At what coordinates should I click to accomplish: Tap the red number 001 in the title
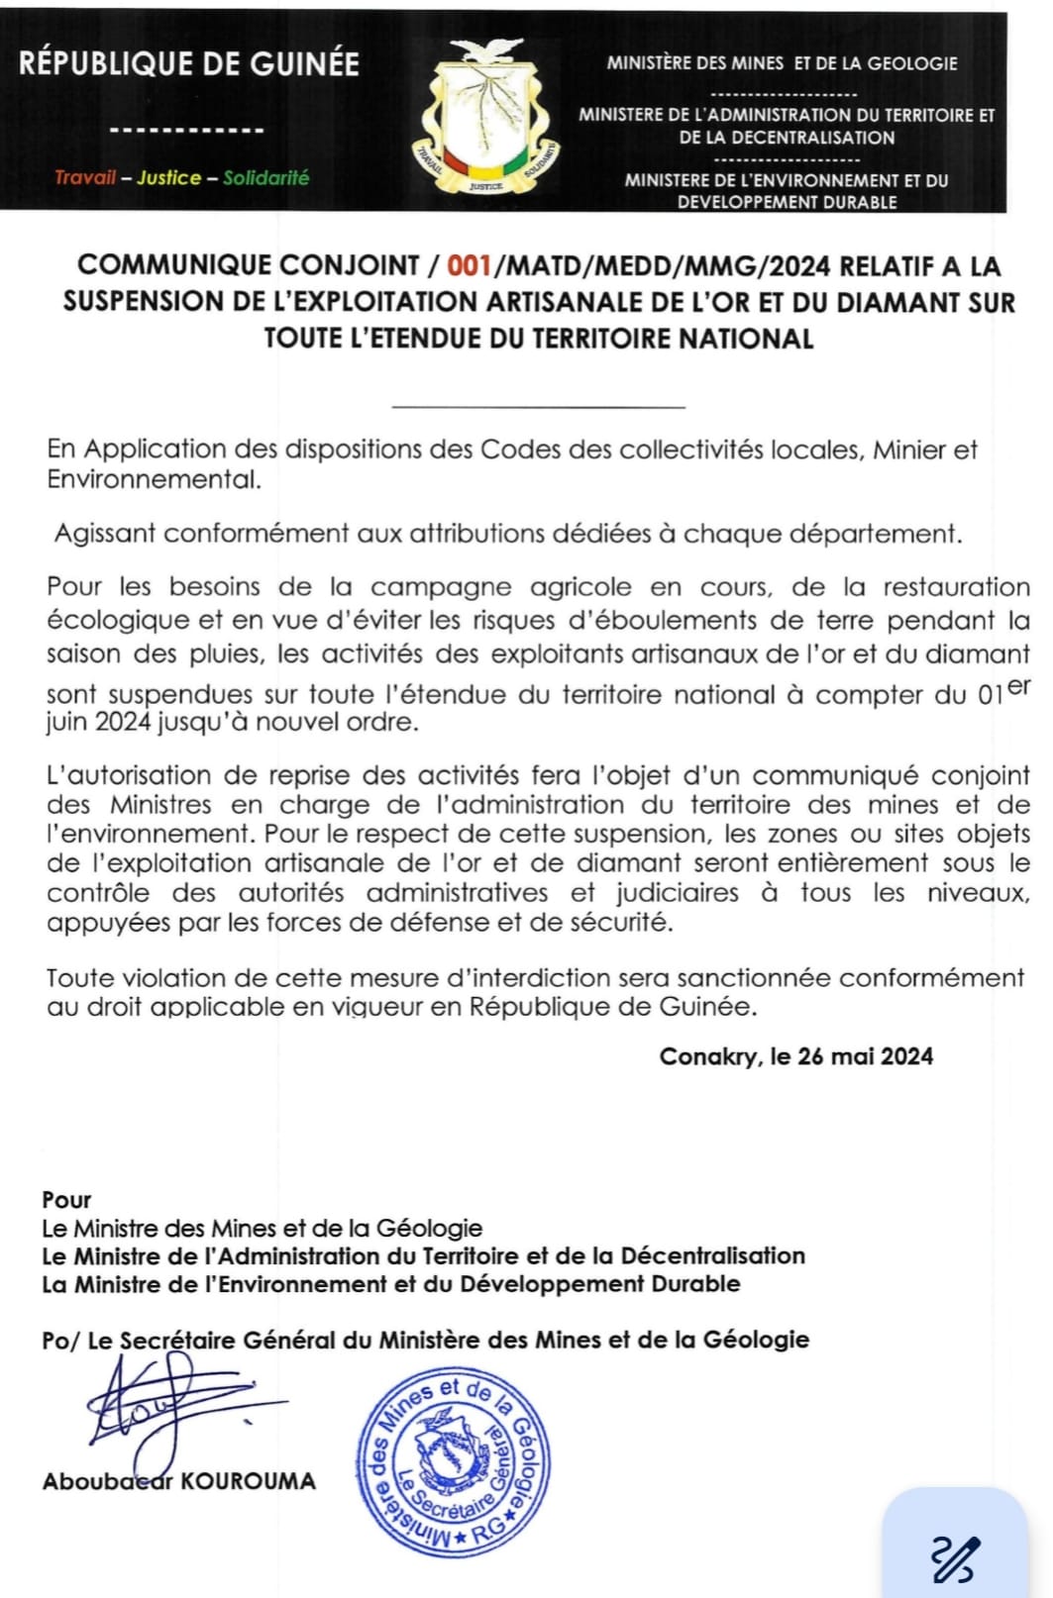click(x=470, y=266)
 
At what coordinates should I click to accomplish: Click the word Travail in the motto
click(x=85, y=178)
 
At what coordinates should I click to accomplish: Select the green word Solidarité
click(x=265, y=178)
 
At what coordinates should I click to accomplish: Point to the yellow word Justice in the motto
click(x=168, y=178)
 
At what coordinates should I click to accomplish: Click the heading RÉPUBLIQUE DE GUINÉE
click(x=189, y=64)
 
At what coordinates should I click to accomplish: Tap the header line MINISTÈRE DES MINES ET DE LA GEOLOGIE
click(x=782, y=63)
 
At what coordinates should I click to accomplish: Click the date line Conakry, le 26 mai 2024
click(x=795, y=1056)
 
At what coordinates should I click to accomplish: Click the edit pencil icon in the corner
click(x=955, y=1558)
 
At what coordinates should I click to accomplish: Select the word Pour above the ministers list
click(x=66, y=1200)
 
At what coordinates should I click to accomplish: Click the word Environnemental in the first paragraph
click(x=155, y=480)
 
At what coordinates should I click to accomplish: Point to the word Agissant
click(x=105, y=534)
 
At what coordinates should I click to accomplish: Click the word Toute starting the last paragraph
click(x=79, y=978)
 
